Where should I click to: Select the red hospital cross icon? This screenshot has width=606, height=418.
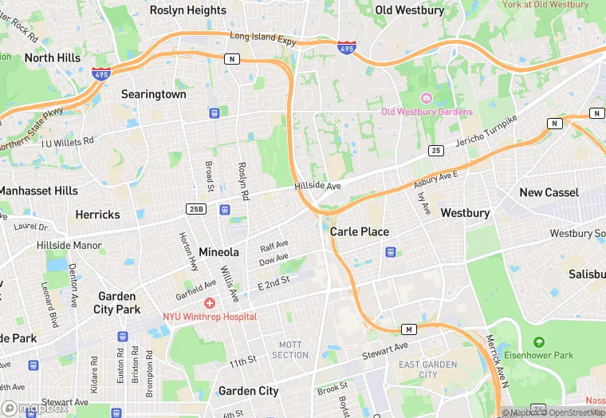tap(210, 303)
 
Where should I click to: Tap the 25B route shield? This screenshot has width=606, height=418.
tap(196, 209)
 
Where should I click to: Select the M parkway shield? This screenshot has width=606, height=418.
tap(409, 329)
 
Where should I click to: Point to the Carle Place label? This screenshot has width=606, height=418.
tap(360, 232)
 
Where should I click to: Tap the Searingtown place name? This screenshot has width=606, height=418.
tap(154, 94)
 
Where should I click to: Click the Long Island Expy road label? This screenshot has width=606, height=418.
tap(263, 37)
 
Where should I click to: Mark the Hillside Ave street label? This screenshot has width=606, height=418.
tap(317, 186)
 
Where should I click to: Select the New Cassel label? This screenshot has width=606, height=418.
tap(549, 192)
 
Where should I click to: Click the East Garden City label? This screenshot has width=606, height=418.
tap(428, 369)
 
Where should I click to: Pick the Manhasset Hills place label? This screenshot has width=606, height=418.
tap(38, 191)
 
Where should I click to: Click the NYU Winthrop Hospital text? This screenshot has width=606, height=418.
tap(210, 317)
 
